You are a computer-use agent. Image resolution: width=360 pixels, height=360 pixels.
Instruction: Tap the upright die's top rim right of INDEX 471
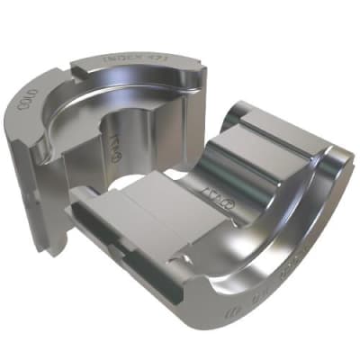pos(189,72)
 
